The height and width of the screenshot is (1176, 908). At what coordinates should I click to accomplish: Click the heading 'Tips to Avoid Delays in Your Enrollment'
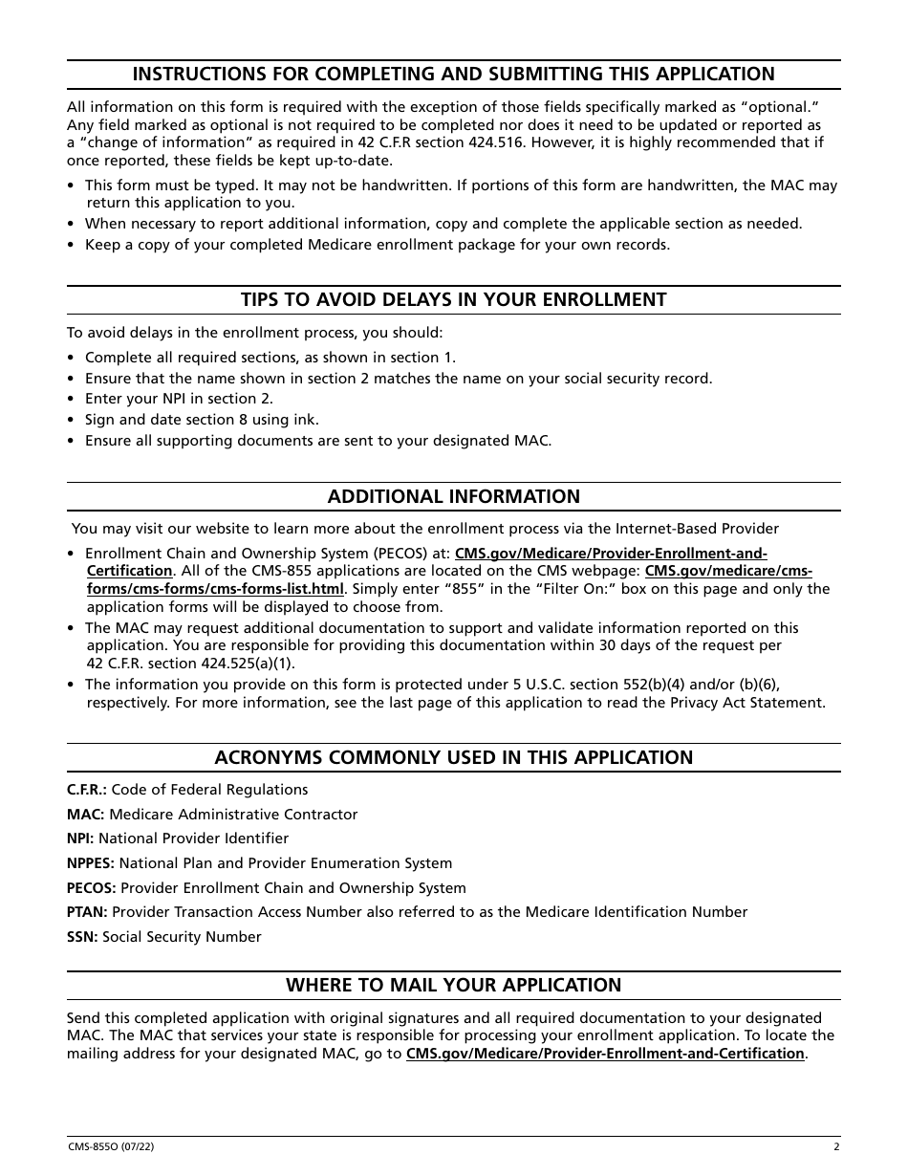pos(453,299)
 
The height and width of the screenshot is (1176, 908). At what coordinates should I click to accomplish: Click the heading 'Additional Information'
pos(453,496)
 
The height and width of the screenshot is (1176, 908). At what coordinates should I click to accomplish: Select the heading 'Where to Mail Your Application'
pos(453,985)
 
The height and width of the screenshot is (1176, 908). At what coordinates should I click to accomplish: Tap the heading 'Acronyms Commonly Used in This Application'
pos(453,757)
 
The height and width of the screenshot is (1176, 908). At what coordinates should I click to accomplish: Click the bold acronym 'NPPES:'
pos(91,863)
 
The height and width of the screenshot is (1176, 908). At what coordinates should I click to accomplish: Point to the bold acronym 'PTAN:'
pos(87,912)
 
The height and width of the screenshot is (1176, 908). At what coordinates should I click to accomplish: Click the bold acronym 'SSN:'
pos(82,937)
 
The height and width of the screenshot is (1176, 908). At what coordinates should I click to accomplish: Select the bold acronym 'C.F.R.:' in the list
pos(87,790)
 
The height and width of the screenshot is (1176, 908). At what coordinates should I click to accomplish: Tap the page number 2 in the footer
pos(836,1147)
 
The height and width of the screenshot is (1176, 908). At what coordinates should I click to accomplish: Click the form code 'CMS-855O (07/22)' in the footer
pos(111,1147)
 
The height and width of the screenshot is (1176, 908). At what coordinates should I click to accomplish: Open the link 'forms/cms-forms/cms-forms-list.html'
pos(215,589)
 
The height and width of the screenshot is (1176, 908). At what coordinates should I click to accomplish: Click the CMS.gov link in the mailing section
pos(605,1054)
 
